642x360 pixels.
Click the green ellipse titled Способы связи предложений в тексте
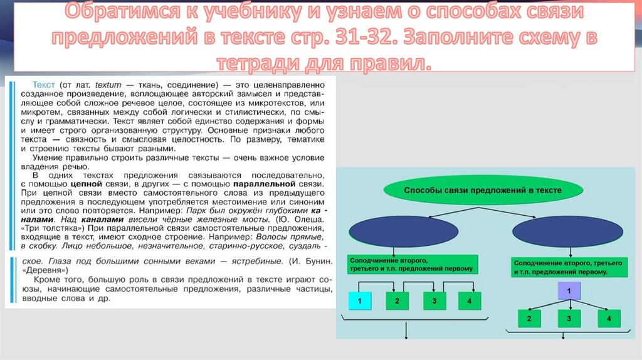(x=482, y=190)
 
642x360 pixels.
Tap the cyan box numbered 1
(x=359, y=302)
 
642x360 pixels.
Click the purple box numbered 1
(x=569, y=292)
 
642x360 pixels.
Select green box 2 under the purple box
(x=529, y=319)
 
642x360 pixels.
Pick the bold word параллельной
(x=264, y=186)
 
